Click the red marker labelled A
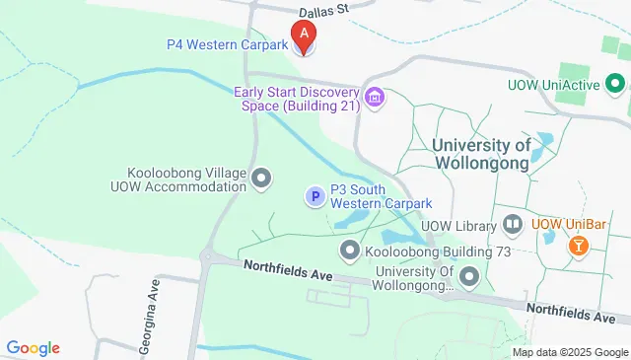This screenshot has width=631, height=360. coord(305,36)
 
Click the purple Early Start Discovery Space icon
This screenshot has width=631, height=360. coord(375,97)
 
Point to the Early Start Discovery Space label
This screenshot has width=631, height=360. coord(296,99)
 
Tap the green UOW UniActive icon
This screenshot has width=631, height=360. coord(616,85)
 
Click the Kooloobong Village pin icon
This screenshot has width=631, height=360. coord(261,179)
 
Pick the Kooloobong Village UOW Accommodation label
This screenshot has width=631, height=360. coord(186,179)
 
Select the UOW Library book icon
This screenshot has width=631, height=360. coord(512,224)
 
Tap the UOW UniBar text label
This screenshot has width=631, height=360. coord(568,224)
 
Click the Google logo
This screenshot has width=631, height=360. coord(34,347)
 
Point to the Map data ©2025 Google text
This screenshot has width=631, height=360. coord(571,352)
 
